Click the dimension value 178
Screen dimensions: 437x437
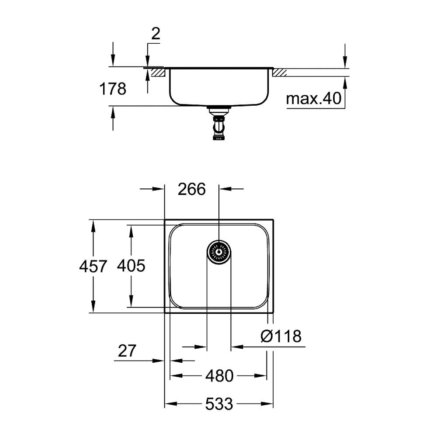coord(113,89)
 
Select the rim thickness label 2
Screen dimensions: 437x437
coord(156,34)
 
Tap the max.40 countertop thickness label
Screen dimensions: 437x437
coord(313,98)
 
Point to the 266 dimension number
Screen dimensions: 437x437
coord(192,189)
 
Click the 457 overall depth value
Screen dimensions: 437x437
coord(93,266)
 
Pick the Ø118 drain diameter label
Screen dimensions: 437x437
coord(281,336)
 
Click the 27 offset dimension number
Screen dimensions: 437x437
coord(127,350)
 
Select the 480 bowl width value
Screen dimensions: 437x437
coord(219,376)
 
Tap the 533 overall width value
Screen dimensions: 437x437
coord(219,403)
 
